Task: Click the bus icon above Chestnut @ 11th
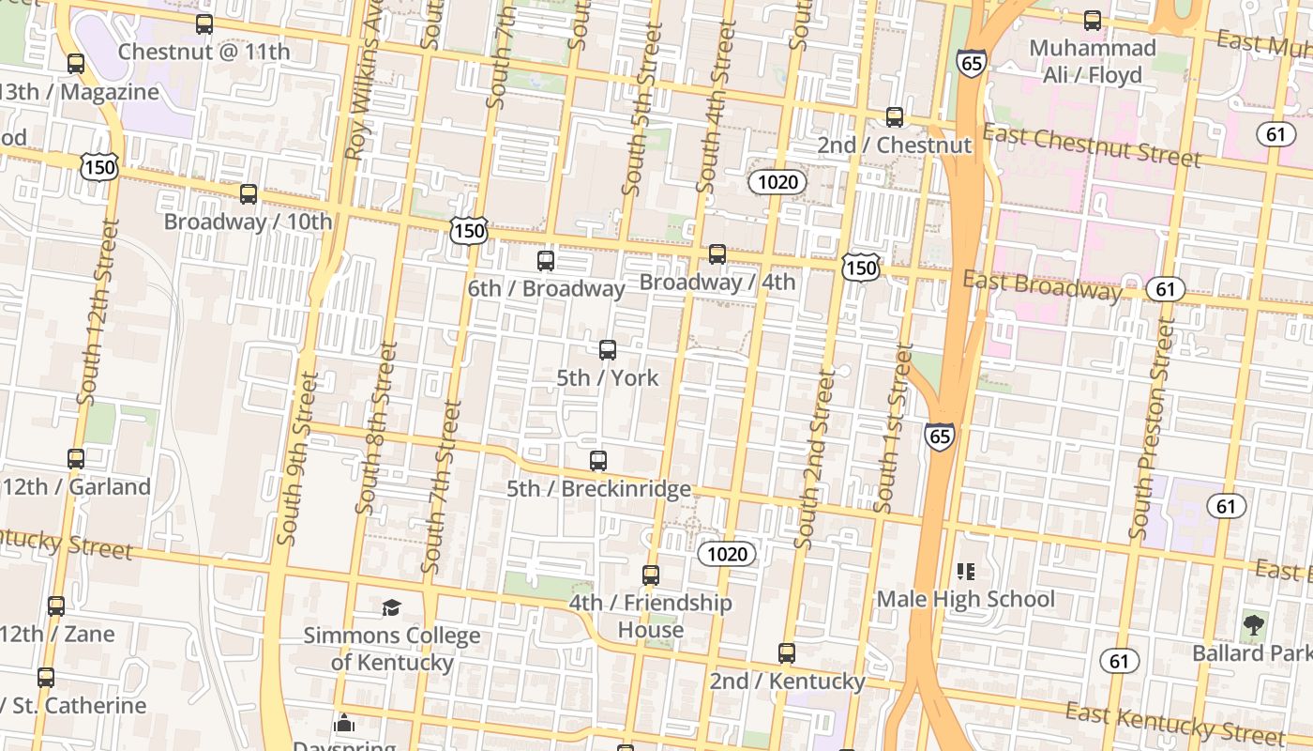(x=204, y=24)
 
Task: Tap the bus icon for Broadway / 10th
(x=249, y=194)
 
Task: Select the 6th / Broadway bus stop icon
(x=546, y=261)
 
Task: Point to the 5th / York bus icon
(x=608, y=350)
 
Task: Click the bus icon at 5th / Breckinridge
(x=598, y=461)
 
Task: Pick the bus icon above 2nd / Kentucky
(x=787, y=653)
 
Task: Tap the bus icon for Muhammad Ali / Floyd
(x=1093, y=21)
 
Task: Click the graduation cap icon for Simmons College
(x=391, y=607)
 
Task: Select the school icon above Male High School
(x=966, y=571)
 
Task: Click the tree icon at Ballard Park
(x=1253, y=624)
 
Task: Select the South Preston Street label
(x=1153, y=427)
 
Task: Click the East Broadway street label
(x=1042, y=285)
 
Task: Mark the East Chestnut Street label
(x=1092, y=146)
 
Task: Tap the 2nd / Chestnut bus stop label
(x=894, y=146)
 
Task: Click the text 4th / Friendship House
(x=651, y=616)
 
